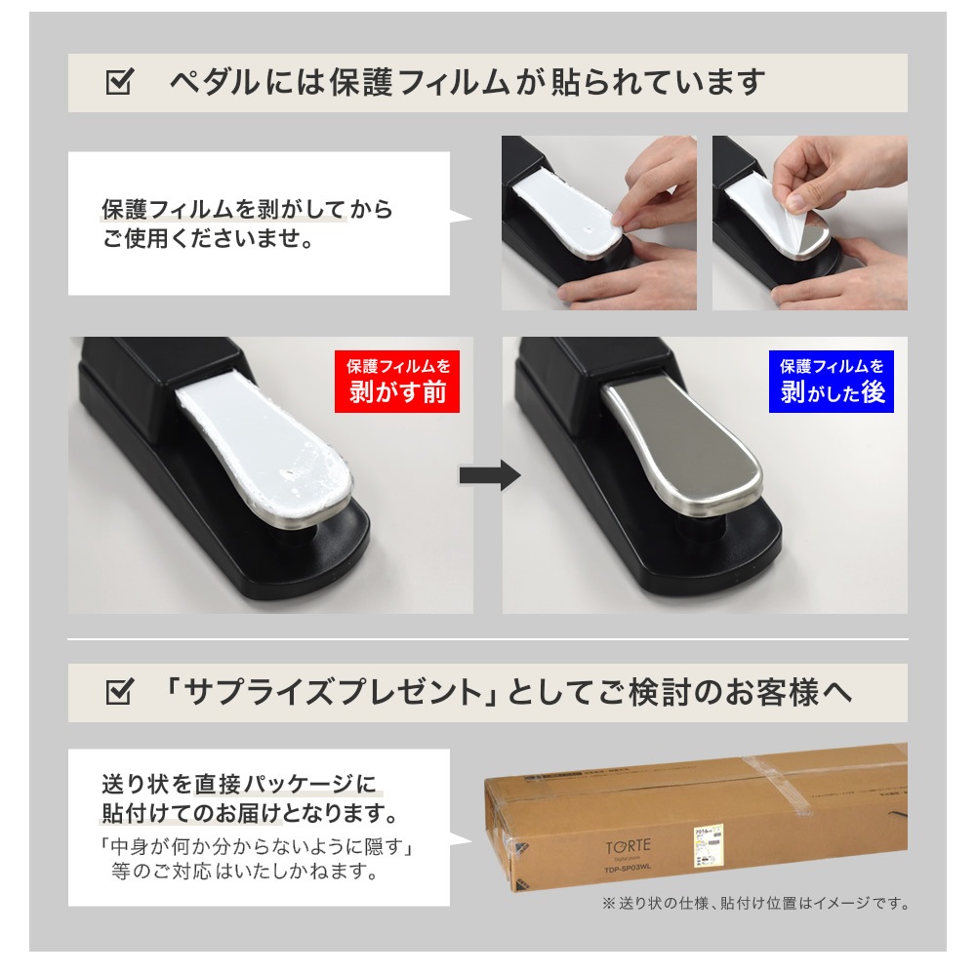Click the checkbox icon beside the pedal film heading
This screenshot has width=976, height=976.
[118, 83]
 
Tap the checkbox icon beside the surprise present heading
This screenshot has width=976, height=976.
[118, 693]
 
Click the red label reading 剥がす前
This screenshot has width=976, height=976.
[398, 382]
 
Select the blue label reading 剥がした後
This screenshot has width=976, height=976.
[832, 382]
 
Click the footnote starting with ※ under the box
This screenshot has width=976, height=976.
[755, 904]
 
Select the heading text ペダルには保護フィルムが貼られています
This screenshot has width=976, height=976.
[467, 83]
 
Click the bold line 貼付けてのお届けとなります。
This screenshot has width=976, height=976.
[249, 812]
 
